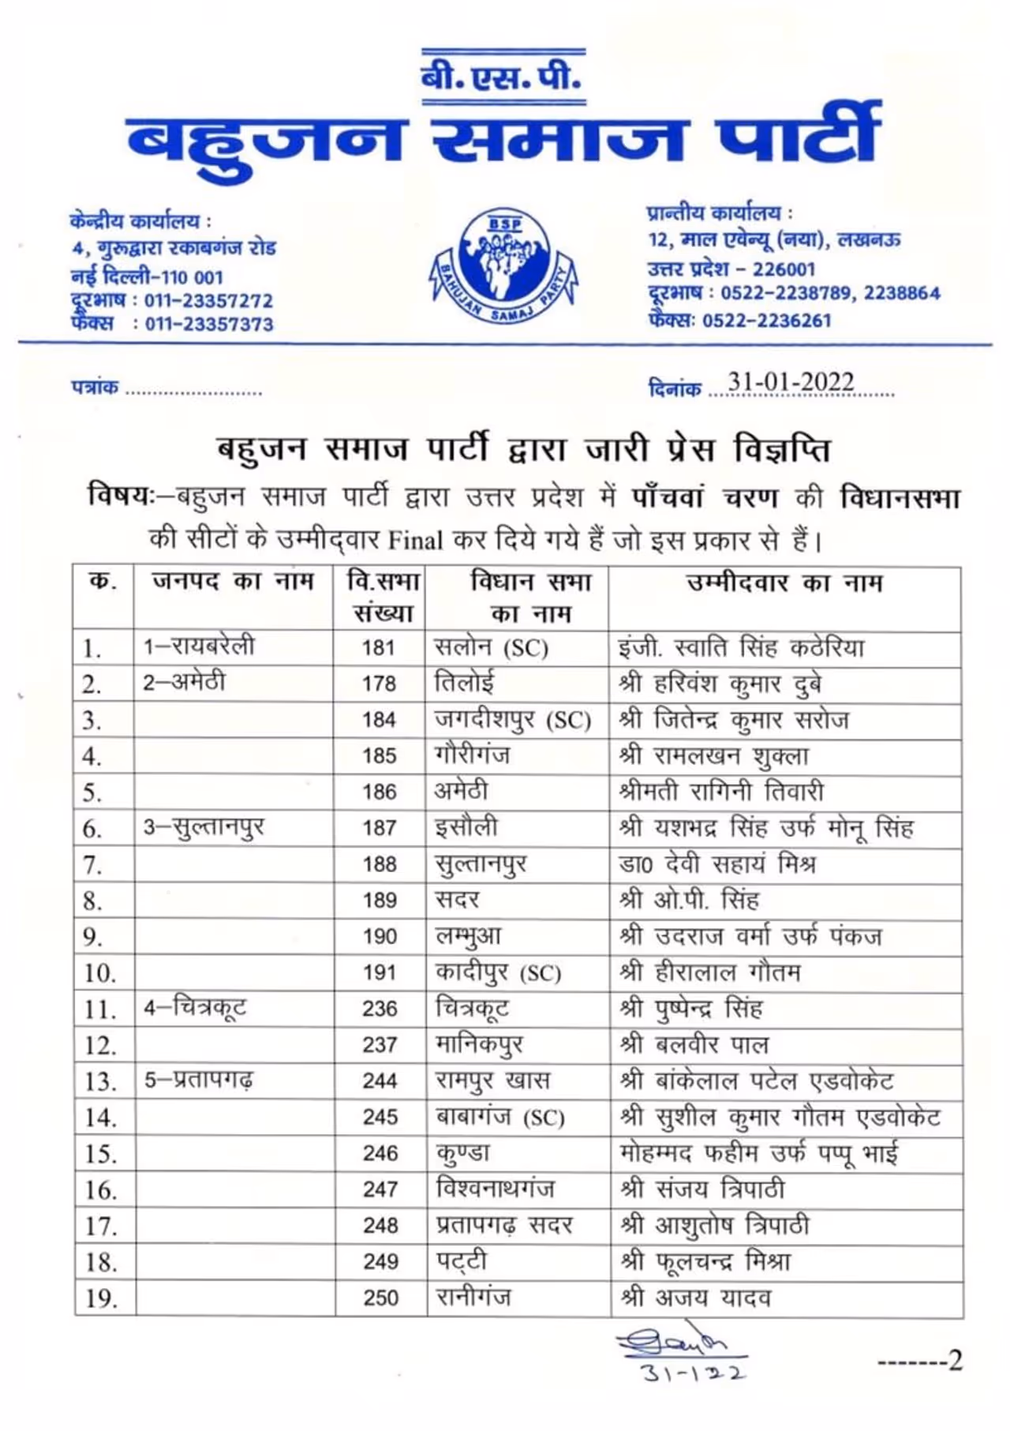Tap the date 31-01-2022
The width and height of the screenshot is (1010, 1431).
[x=791, y=382]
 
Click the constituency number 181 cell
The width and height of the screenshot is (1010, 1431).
[x=379, y=648]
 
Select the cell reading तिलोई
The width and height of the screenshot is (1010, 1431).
[x=465, y=682]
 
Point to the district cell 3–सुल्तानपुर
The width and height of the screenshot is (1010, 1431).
[x=204, y=827]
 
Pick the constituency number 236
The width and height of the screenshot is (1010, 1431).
[x=380, y=1009]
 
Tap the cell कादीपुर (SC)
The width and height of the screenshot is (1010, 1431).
[x=498, y=972]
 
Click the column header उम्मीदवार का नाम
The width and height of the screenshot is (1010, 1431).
[x=784, y=583]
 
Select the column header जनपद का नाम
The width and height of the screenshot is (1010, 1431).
[x=233, y=582]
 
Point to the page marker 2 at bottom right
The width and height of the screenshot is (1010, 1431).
[x=955, y=1361]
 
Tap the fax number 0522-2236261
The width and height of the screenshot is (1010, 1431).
[x=766, y=320]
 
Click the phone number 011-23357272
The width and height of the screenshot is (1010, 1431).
[x=208, y=301]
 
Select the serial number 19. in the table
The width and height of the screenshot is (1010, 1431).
[x=100, y=1298]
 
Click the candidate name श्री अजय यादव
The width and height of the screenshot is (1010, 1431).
[x=695, y=1298]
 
